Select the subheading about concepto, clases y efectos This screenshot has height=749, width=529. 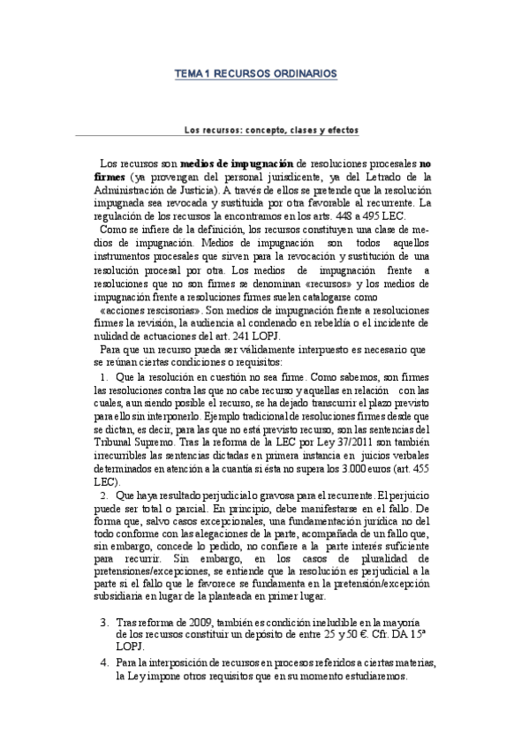point(271,129)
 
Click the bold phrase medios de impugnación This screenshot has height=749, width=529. point(236,163)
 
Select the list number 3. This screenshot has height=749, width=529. point(105,621)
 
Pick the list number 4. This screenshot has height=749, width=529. point(105,663)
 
